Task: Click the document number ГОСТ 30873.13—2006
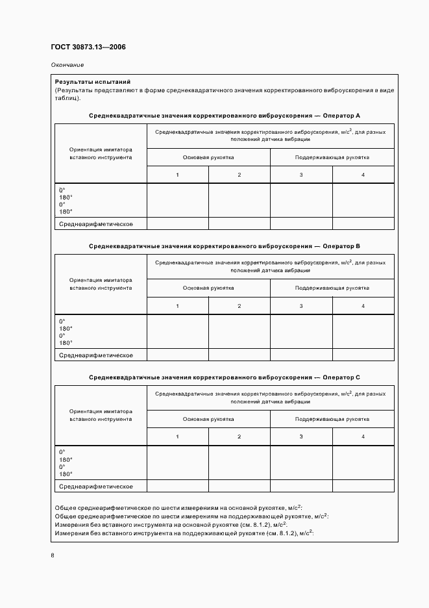click(88, 47)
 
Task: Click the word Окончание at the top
click(67, 65)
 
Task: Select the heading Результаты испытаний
click(93, 82)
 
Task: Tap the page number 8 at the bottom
click(53, 555)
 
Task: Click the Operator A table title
click(224, 115)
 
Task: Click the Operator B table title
click(224, 246)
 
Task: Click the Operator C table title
click(224, 377)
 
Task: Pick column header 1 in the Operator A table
click(177, 175)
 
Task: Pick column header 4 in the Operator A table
click(363, 175)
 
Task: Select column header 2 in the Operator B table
click(239, 306)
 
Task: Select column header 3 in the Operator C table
click(301, 437)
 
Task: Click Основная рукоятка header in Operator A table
click(208, 157)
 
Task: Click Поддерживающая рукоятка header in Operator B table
click(332, 288)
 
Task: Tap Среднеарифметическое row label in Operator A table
click(96, 223)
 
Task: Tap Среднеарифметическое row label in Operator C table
click(96, 486)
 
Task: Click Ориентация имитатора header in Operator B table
click(101, 284)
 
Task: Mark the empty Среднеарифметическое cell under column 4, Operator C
click(363, 486)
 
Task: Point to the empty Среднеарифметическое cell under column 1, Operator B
click(177, 355)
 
